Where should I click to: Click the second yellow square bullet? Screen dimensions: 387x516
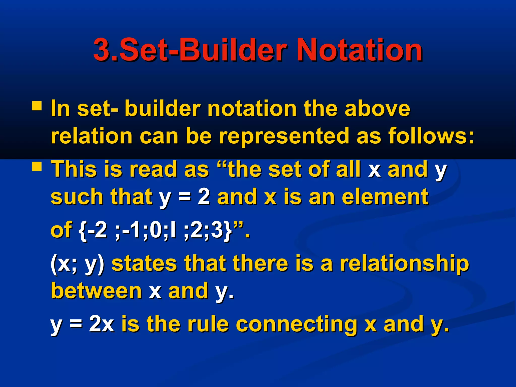(x=37, y=167)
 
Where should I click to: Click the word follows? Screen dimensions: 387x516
(x=431, y=136)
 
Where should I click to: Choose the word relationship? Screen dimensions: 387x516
(x=405, y=264)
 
